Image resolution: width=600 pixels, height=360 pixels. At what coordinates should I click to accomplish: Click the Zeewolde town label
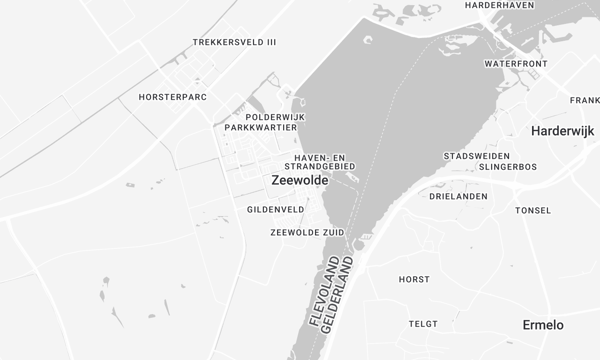[x=299, y=181]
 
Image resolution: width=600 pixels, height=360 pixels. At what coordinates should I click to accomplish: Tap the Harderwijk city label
[x=563, y=131]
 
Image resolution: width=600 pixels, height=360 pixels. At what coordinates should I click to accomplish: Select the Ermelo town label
[x=543, y=325]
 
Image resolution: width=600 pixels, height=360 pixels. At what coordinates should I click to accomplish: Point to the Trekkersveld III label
[x=235, y=42]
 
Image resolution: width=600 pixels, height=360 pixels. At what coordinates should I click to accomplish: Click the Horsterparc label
[x=171, y=97]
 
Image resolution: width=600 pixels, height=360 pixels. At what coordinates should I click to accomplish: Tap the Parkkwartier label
[x=264, y=128]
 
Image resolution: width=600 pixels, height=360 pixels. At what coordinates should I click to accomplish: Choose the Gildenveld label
[x=275, y=209]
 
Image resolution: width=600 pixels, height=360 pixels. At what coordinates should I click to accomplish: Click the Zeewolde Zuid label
[x=307, y=232]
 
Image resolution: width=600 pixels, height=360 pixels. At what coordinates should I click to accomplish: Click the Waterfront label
[x=516, y=63]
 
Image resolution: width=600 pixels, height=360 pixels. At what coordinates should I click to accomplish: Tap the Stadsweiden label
[x=477, y=156]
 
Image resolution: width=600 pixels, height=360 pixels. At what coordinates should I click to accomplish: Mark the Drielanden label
[x=458, y=197]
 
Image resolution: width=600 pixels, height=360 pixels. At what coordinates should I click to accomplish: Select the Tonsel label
[x=532, y=211]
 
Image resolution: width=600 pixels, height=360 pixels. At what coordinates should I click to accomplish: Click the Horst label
[x=413, y=279]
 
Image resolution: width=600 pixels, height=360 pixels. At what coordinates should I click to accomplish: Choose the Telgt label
[x=423, y=323]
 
